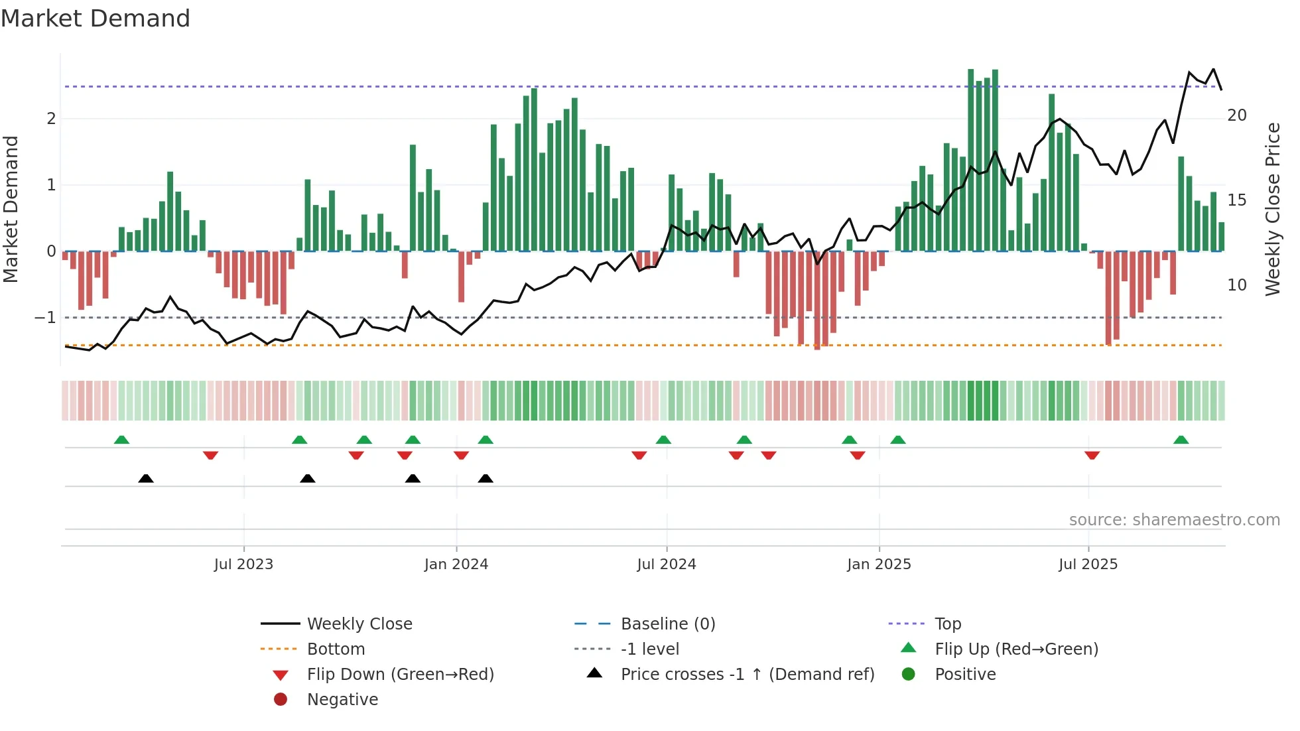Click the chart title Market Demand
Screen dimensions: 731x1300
96,18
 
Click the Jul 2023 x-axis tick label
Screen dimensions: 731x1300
243,565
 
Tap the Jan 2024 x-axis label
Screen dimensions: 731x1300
456,565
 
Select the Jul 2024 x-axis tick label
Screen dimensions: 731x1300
667,565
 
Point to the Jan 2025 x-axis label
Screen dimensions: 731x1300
879,565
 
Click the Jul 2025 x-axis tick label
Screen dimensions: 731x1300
1088,565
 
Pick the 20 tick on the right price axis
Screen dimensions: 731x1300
1236,115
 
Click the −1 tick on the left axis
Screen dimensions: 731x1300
45,318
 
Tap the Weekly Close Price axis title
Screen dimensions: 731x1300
1272,209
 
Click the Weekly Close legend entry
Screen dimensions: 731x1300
359,624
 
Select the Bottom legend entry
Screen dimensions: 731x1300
336,649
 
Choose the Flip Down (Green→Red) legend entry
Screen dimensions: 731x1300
400,675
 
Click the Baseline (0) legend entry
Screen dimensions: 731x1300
667,624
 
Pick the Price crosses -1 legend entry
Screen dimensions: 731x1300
747,675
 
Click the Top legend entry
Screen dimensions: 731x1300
947,624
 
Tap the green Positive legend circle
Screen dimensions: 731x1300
909,675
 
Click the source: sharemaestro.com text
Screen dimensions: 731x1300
1174,520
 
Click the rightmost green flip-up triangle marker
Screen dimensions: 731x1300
1181,440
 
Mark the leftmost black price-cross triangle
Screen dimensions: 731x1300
146,478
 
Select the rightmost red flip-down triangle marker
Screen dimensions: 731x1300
1092,455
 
